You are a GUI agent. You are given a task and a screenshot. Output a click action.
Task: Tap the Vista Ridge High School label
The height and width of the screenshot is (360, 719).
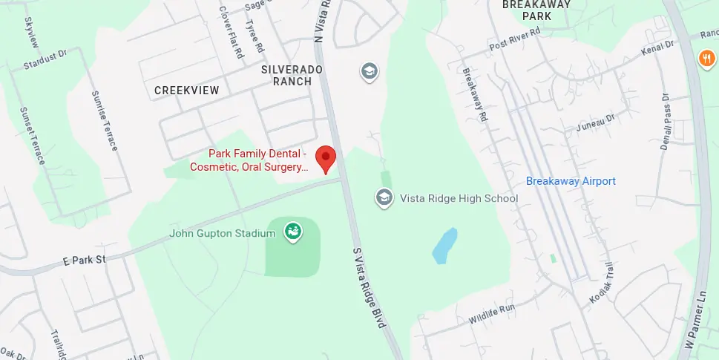(459, 198)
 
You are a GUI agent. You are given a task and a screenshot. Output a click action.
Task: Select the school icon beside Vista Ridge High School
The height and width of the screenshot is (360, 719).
(384, 197)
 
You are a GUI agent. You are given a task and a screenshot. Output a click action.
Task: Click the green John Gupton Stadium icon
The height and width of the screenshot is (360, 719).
(293, 232)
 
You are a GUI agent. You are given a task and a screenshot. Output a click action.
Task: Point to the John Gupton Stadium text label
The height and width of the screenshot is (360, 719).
(222, 234)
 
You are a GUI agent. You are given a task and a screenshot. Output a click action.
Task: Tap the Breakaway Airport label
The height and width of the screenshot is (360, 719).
(571, 181)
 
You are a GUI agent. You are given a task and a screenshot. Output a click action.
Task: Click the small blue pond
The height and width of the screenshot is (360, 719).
(444, 246)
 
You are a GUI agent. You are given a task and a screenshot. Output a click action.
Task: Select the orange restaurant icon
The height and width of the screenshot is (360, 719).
(705, 57)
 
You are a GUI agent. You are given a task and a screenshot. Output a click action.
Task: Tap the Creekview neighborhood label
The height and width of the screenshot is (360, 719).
(187, 91)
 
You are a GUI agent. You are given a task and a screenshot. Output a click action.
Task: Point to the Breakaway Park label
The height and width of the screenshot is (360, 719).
(536, 10)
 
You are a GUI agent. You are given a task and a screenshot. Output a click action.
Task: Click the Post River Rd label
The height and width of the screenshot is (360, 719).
(518, 42)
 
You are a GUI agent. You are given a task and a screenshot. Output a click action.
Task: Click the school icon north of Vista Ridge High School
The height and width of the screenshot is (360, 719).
(369, 71)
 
